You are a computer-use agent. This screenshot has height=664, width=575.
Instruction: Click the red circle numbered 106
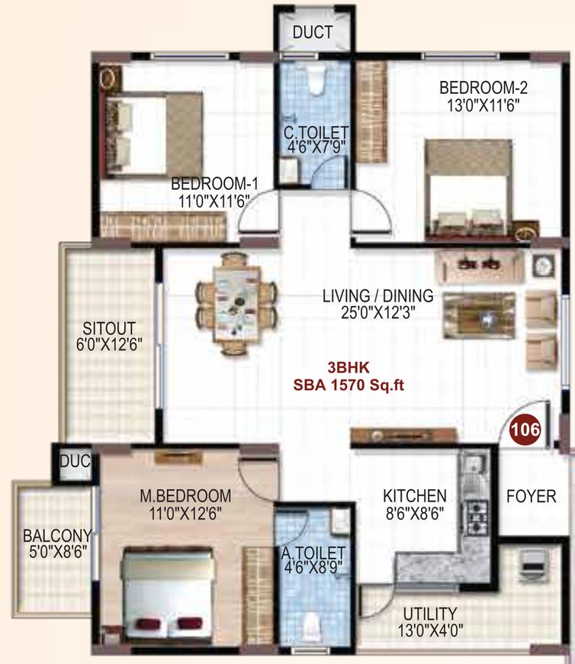click(x=525, y=430)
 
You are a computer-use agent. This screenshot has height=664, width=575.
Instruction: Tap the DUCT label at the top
click(x=313, y=32)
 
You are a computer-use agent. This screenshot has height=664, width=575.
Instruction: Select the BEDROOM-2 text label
click(x=483, y=88)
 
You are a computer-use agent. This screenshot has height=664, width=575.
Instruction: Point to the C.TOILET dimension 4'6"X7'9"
click(x=316, y=148)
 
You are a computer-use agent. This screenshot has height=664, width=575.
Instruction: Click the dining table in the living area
click(x=236, y=303)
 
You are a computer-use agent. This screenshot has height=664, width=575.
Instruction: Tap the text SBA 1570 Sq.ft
click(x=349, y=385)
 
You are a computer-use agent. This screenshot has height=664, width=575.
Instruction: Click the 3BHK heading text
click(x=349, y=367)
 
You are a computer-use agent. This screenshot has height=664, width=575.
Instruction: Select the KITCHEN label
click(x=415, y=495)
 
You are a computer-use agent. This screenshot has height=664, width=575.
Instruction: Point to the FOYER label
click(x=531, y=496)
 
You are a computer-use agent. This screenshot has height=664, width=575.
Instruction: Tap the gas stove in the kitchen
click(x=477, y=517)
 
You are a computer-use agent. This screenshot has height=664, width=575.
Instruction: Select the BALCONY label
click(x=57, y=536)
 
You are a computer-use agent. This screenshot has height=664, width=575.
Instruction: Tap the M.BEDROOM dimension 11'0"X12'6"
click(x=185, y=514)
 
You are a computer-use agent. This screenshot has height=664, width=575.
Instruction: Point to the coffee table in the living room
click(x=480, y=315)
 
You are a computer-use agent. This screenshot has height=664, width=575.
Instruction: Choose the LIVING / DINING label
click(x=377, y=296)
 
